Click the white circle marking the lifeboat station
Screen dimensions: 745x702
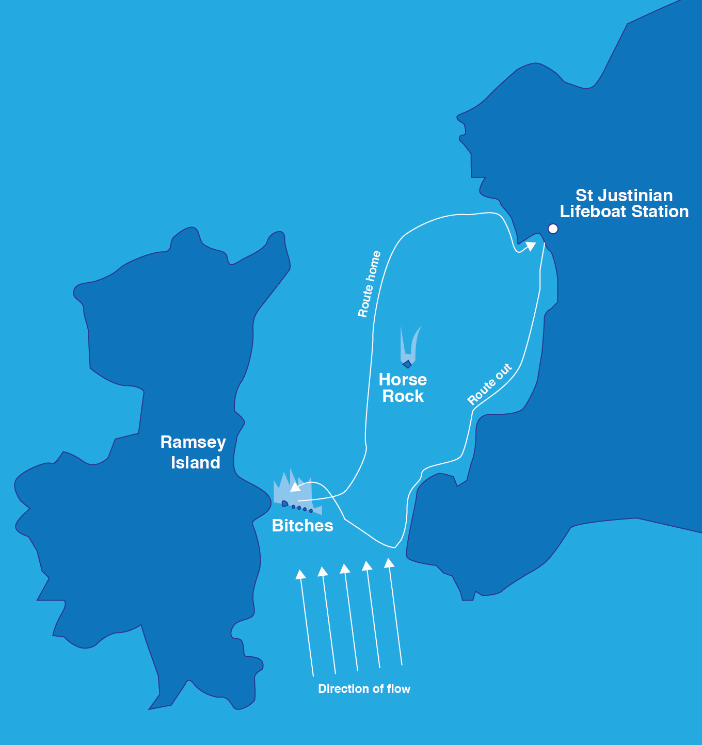(x=553, y=229)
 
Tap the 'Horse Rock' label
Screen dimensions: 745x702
(x=403, y=388)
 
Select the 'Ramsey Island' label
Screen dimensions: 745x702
(x=193, y=452)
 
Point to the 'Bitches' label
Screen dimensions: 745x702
(x=302, y=526)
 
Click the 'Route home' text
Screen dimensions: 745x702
(x=370, y=284)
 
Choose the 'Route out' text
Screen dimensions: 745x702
(x=489, y=384)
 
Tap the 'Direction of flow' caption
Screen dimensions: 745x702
(x=364, y=689)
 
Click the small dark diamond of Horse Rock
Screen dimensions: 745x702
(x=407, y=364)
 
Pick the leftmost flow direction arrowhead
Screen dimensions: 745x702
(x=300, y=574)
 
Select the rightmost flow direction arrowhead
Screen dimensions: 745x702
(x=389, y=562)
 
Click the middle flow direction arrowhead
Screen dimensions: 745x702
(x=345, y=569)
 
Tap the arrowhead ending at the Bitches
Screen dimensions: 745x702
(x=295, y=487)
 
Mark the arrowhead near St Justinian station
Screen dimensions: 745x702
(x=530, y=246)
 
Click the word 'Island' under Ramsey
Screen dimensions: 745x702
(x=196, y=463)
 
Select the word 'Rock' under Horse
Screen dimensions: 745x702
(x=403, y=396)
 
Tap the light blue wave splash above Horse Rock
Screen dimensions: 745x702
(x=410, y=343)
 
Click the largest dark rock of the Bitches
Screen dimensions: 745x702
(x=285, y=503)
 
